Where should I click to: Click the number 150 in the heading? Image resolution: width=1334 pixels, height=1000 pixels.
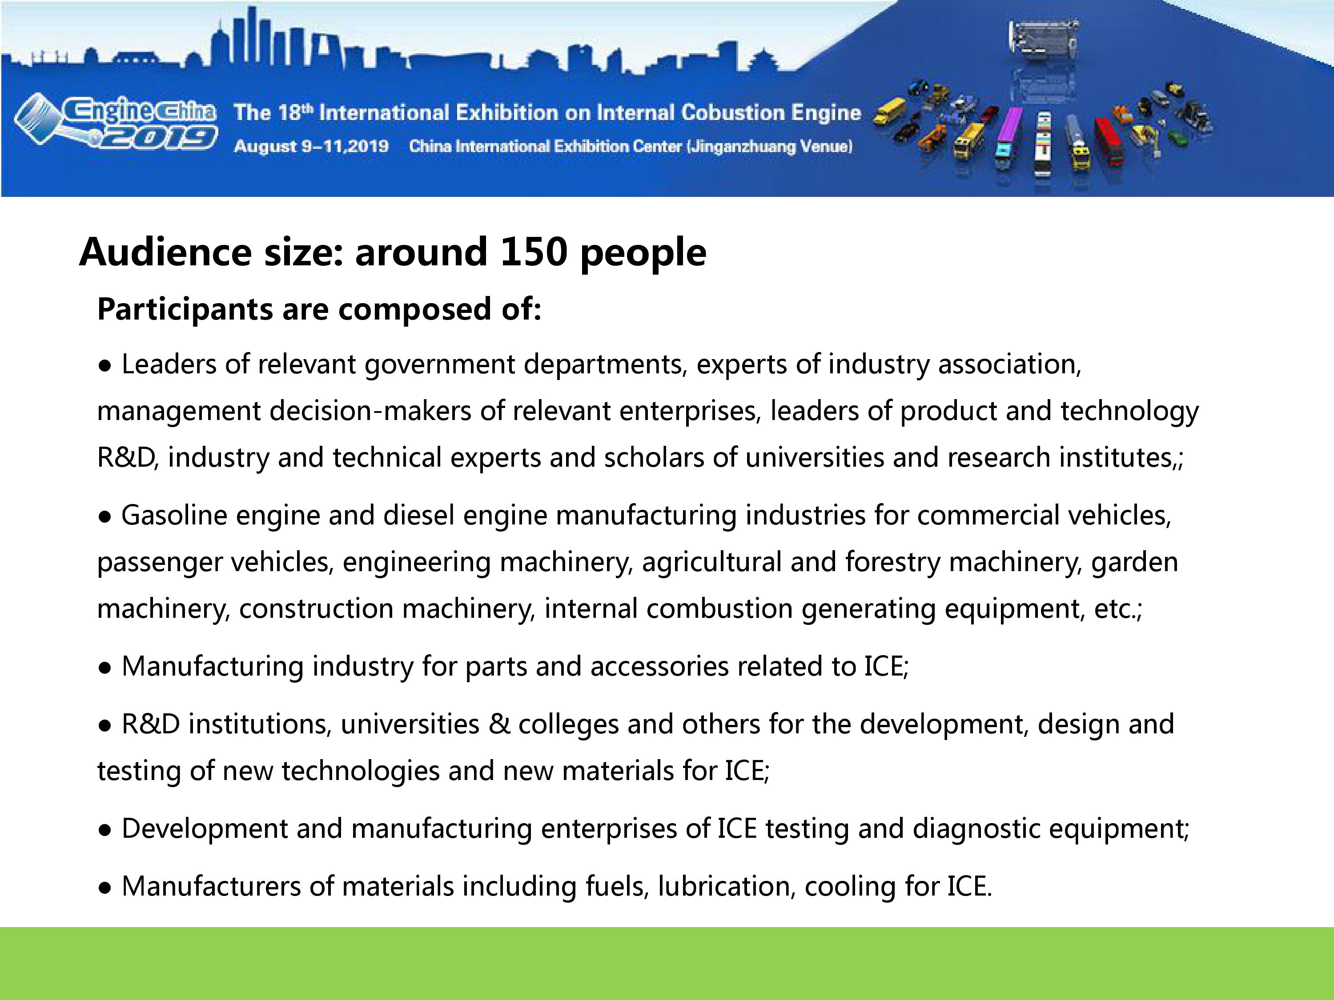[x=534, y=252]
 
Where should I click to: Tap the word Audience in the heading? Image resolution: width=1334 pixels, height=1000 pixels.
[x=165, y=252]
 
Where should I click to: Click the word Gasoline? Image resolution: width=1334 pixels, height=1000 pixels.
[x=174, y=516]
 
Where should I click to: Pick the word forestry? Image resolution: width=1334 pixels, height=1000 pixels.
[x=892, y=562]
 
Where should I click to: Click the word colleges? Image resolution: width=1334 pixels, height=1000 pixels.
[x=568, y=724]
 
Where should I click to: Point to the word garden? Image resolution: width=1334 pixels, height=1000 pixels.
[x=1134, y=562]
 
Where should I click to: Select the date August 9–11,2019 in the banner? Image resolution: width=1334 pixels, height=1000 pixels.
[x=311, y=147]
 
